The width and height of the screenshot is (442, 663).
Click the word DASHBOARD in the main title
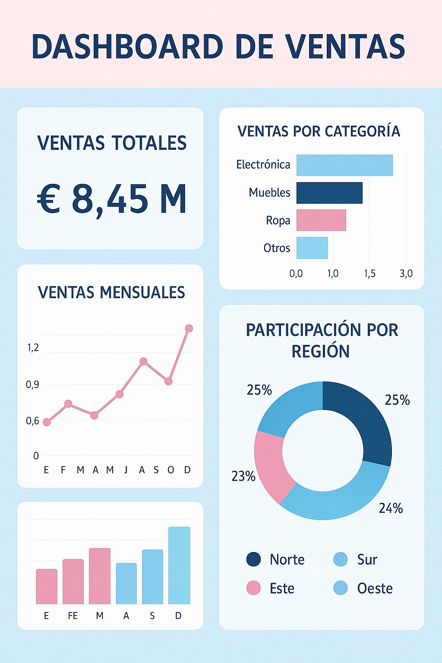(x=127, y=47)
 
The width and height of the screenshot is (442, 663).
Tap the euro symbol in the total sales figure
(x=48, y=199)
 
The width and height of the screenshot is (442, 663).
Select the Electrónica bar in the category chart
(x=344, y=165)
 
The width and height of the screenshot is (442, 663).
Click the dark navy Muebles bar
(x=329, y=193)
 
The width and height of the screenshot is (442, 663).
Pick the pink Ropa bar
(x=321, y=220)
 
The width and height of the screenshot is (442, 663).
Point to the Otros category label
(x=277, y=248)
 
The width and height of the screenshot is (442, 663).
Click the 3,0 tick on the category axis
(x=406, y=273)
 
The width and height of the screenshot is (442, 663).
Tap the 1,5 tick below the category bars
(x=369, y=273)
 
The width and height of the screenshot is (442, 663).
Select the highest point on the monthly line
(x=189, y=328)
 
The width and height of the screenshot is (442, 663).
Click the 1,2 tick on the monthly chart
(x=33, y=347)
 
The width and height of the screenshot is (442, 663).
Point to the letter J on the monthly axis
(x=126, y=470)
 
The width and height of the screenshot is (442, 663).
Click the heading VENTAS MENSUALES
(x=111, y=292)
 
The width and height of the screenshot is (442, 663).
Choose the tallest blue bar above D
(x=179, y=565)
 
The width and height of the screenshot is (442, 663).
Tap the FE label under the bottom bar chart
(x=73, y=616)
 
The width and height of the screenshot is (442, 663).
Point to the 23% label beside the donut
(x=243, y=476)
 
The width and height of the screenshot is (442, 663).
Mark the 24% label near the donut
(x=391, y=508)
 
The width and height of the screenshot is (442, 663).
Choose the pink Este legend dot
(x=253, y=588)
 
